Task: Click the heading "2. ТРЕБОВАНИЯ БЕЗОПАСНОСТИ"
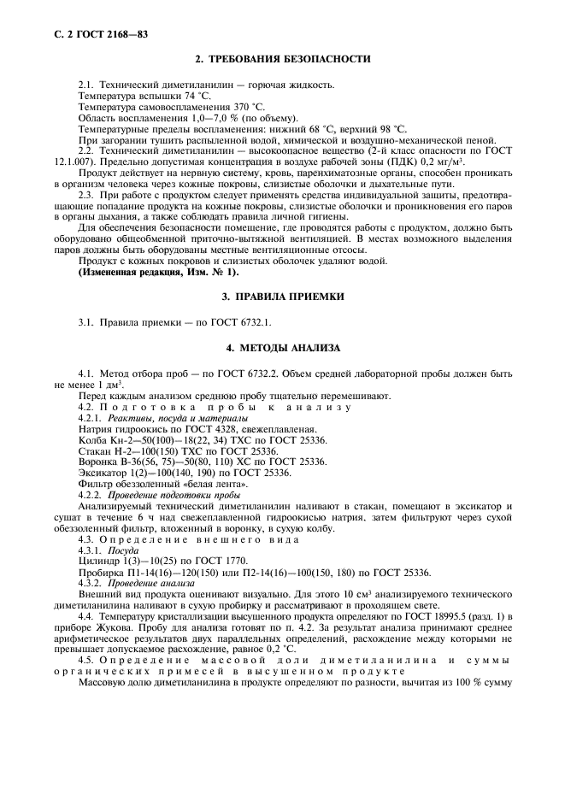click(283, 59)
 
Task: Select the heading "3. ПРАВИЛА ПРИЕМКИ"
click(283, 296)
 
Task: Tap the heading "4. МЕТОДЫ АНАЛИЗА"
click(283, 349)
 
